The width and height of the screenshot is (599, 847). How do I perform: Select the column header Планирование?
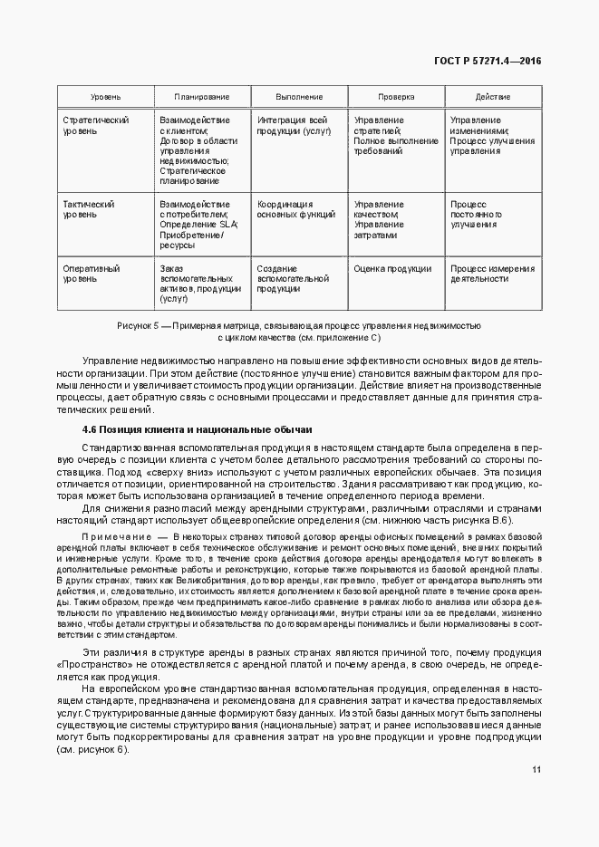pyautogui.click(x=201, y=97)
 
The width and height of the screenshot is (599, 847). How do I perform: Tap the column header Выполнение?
pyautogui.click(x=299, y=97)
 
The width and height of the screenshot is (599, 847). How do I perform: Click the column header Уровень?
pyautogui.click(x=105, y=97)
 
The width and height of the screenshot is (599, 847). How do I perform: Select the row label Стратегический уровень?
pyautogui.click(x=95, y=126)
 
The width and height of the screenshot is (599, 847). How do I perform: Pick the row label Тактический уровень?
pyautogui.click(x=88, y=210)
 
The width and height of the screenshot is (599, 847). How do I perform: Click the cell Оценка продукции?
pyautogui.click(x=392, y=268)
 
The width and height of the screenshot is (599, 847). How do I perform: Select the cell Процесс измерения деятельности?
pyautogui.click(x=492, y=274)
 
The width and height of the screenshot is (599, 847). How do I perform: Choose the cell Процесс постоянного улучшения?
pyautogui.click(x=477, y=215)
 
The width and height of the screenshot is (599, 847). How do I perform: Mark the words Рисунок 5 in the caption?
pyautogui.click(x=138, y=324)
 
